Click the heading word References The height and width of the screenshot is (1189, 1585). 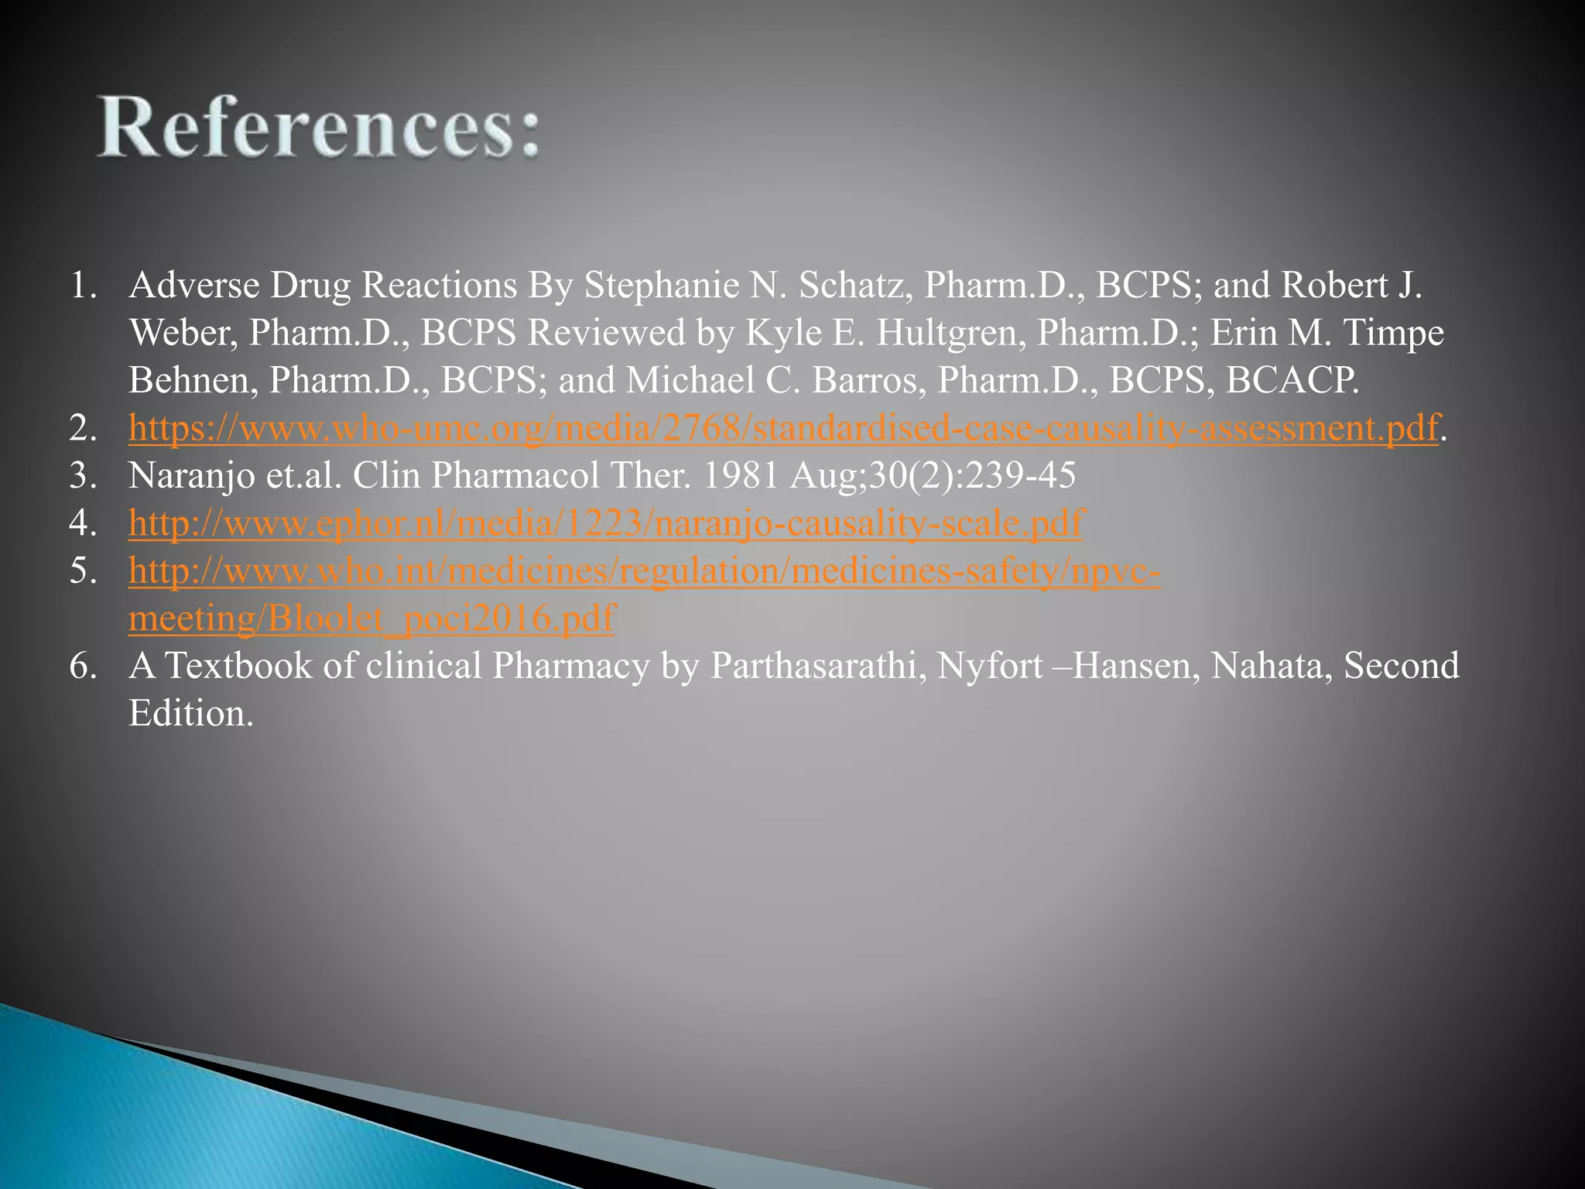pos(317,128)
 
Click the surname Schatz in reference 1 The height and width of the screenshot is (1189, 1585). pos(852,286)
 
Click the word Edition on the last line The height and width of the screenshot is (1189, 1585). pos(190,713)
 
